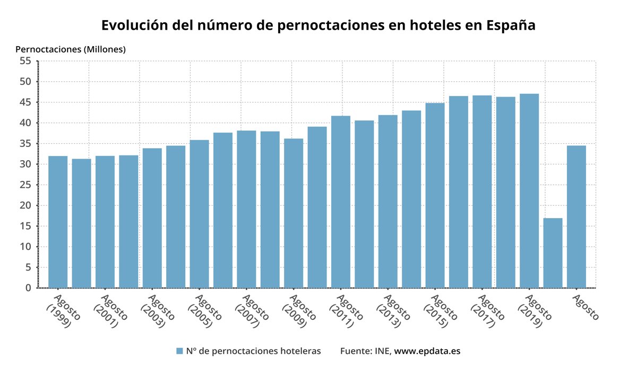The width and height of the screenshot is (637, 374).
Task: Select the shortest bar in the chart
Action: (553, 253)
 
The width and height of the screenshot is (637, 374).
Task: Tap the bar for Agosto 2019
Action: (529, 191)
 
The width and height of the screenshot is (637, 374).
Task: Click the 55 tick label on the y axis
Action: (25, 61)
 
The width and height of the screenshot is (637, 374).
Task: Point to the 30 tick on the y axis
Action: (25, 164)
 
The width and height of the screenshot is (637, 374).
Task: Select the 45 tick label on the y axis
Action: (25, 102)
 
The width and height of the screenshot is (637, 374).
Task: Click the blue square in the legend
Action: (179, 351)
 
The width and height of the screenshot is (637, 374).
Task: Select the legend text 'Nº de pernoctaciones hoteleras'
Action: (253, 351)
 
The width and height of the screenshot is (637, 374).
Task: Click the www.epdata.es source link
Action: (427, 351)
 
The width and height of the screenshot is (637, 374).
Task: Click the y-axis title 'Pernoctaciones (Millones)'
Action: (71, 49)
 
